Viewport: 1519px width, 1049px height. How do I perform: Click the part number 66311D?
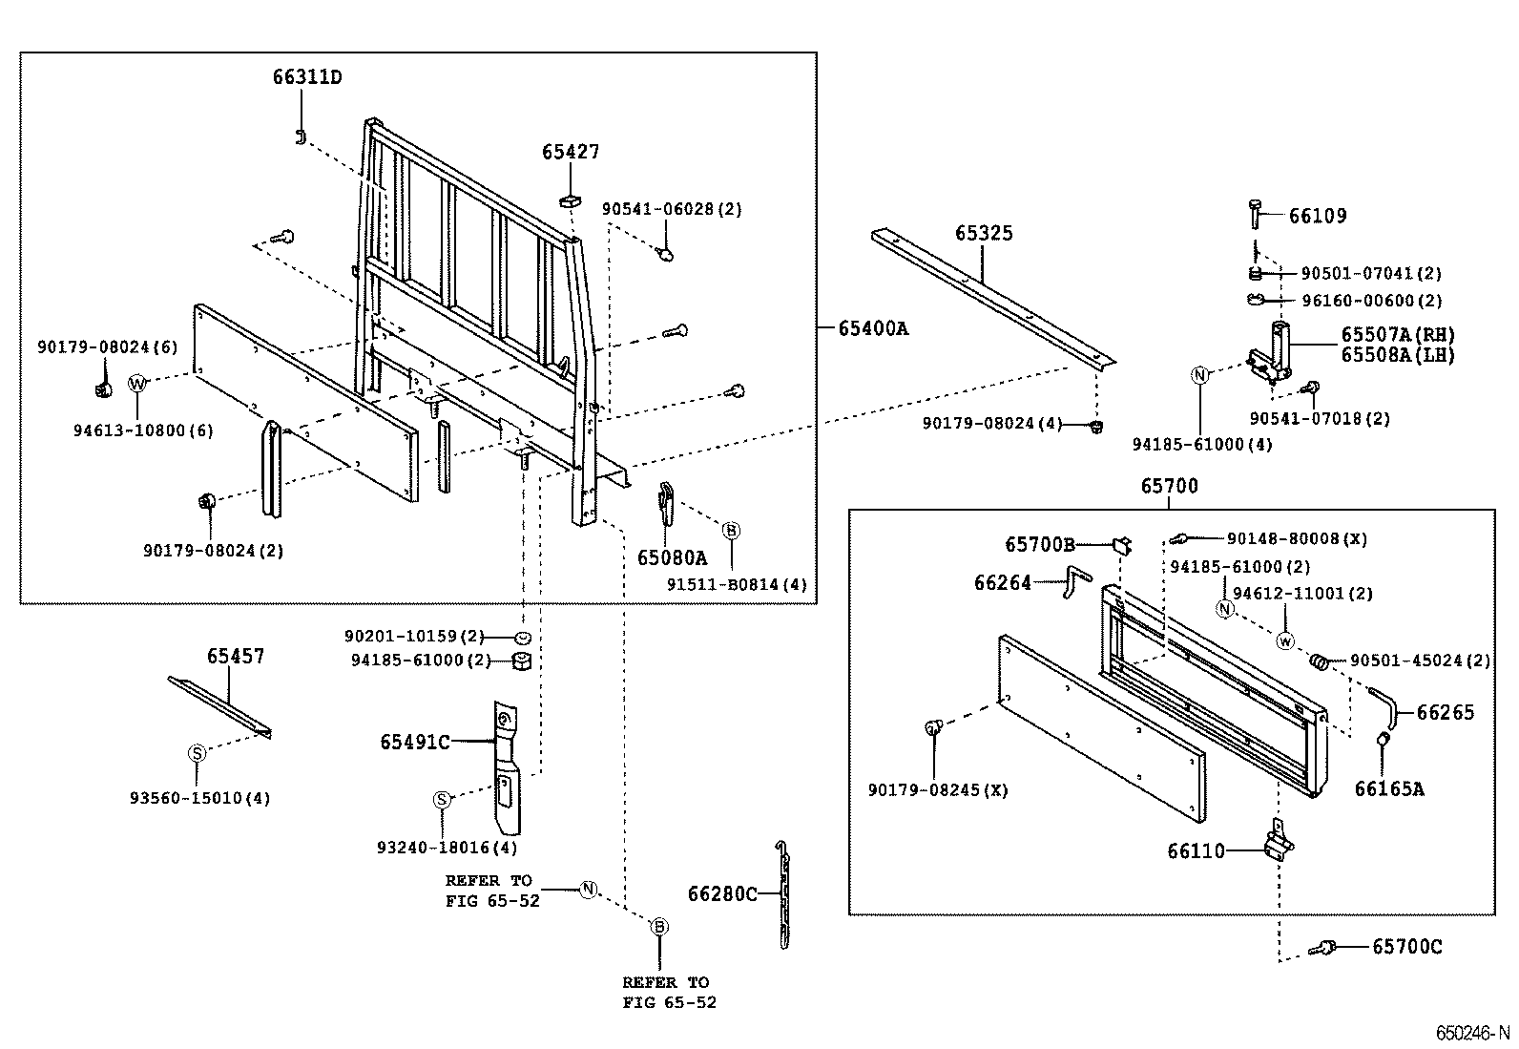pos(306,77)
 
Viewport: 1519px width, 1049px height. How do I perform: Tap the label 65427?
pos(571,152)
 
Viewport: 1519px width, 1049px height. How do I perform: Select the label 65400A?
pos(873,329)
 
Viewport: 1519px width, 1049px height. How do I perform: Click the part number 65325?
pos(984,234)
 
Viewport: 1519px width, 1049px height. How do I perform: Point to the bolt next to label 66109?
pos(1255,214)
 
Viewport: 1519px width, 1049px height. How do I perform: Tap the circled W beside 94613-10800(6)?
pos(138,384)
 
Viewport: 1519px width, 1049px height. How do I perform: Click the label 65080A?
pos(672,557)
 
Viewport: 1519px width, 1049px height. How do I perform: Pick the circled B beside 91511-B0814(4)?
pos(731,530)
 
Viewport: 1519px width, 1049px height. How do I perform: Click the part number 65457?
pos(236,657)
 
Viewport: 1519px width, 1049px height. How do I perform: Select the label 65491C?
pos(414,742)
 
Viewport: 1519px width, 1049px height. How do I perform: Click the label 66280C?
pos(722,893)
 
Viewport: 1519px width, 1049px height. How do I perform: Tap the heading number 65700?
pos(1169,486)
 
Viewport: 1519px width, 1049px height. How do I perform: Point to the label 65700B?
pos(1039,544)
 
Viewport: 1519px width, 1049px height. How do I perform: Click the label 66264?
pos(1003,582)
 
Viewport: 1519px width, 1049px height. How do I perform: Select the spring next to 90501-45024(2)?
pos(1320,661)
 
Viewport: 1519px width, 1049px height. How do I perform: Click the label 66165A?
pos(1389,788)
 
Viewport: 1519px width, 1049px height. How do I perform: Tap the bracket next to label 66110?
pos(1278,841)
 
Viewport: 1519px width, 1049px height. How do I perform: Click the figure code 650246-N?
pos(1473,1033)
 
